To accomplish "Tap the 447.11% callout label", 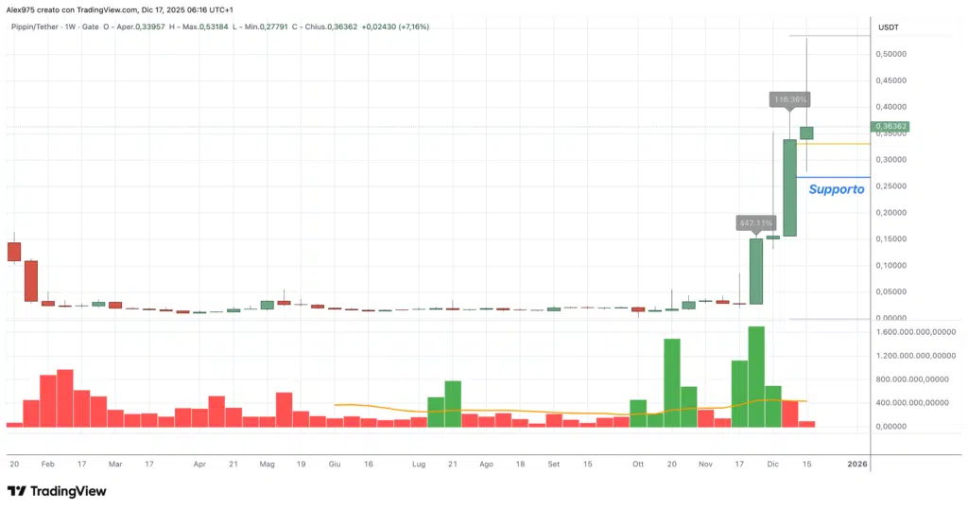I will pos(755,223).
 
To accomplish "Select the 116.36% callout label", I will pos(789,98).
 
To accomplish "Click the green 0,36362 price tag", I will pos(890,126).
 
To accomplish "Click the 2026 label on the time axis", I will pos(856,465).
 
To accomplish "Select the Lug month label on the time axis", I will pos(419,465).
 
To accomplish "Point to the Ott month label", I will pos(638,465).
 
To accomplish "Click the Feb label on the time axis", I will pos(47,465).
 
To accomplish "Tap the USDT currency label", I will pos(889,27).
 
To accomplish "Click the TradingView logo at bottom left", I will pos(57,491).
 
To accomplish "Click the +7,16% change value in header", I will pos(414,26).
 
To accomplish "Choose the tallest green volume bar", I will pos(756,377).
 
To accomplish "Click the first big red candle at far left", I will pos(13,251).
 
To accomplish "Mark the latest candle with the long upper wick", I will pos(806,132).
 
